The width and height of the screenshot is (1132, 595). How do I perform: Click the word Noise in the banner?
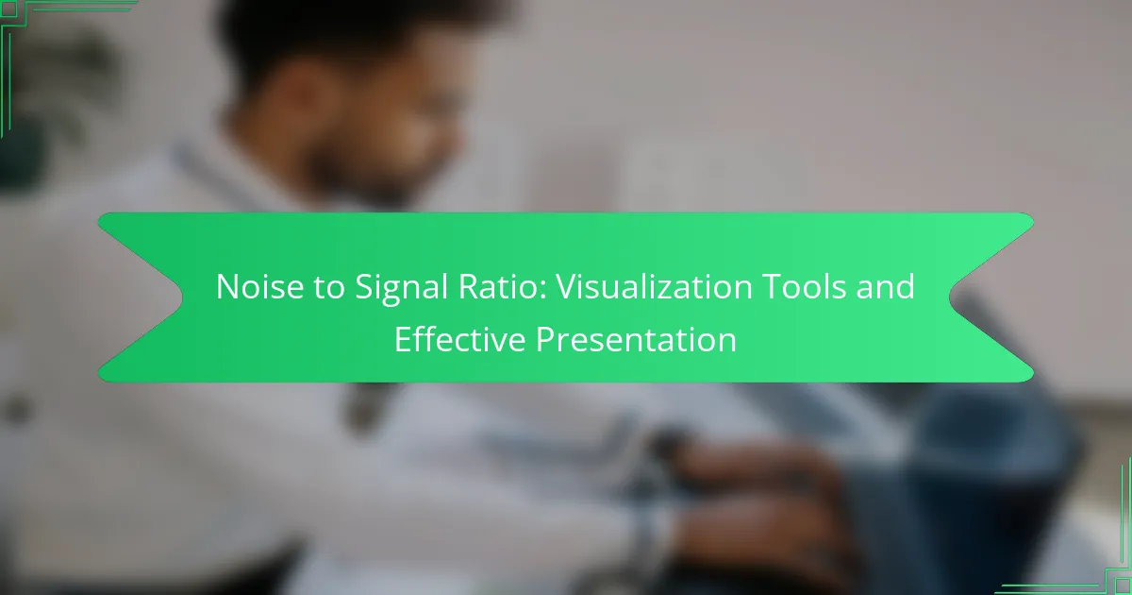(x=259, y=287)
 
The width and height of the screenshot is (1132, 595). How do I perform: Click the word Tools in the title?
(x=804, y=286)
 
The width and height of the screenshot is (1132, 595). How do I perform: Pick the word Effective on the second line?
(x=460, y=339)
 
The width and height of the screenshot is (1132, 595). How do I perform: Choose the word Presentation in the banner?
(x=636, y=339)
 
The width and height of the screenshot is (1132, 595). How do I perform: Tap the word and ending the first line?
(x=886, y=286)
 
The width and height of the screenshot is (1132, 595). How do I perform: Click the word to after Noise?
(x=329, y=288)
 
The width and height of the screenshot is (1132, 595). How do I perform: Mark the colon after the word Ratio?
(x=543, y=291)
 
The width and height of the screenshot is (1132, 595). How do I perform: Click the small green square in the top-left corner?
(x=8, y=8)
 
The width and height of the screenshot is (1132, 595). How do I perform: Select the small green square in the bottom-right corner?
(x=1124, y=586)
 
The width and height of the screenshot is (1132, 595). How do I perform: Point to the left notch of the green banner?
(x=182, y=297)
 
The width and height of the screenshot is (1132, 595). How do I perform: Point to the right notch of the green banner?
(x=950, y=297)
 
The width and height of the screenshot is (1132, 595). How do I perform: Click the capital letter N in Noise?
(x=227, y=287)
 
